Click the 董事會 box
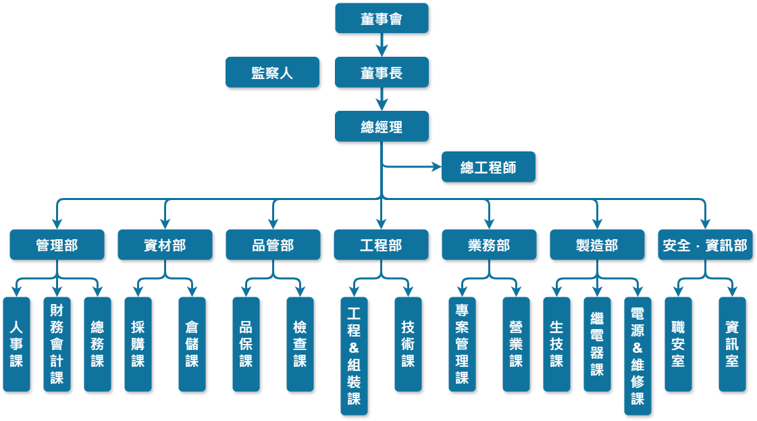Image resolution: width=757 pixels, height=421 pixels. click(x=382, y=18)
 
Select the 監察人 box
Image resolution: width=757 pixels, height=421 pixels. click(x=272, y=72)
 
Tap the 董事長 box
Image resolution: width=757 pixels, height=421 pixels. click(x=382, y=72)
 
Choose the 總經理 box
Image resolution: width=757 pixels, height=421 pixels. click(x=382, y=126)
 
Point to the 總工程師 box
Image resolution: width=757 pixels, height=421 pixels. click(x=488, y=167)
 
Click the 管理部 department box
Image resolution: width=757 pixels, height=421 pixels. click(x=57, y=245)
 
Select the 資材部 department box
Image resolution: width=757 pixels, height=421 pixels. click(x=165, y=245)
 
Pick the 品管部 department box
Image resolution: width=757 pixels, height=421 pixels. click(x=273, y=245)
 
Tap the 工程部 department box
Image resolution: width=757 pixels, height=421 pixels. click(x=381, y=245)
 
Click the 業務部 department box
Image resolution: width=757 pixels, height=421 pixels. click(x=489, y=245)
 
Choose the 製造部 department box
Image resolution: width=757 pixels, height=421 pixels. click(x=597, y=245)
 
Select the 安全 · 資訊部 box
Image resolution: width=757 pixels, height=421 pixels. click(x=705, y=245)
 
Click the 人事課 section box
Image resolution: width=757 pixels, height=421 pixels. click(x=16, y=344)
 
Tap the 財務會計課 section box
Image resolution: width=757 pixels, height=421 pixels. click(x=57, y=344)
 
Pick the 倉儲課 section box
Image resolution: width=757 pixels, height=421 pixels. click(x=192, y=344)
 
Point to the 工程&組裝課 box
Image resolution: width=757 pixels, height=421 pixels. click(x=354, y=355)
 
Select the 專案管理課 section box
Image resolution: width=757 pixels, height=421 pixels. click(x=462, y=344)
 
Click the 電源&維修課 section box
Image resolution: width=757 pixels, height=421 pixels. click(x=637, y=355)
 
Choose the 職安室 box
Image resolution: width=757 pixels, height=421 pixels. click(x=678, y=344)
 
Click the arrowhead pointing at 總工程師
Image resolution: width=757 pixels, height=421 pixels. click(x=436, y=167)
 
